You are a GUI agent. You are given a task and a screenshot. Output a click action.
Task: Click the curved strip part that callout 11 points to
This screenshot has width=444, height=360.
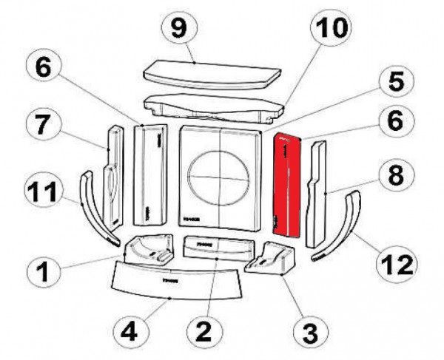[x=92, y=207]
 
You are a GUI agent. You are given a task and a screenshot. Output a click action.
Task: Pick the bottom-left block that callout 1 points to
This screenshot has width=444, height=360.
[x=148, y=250]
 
